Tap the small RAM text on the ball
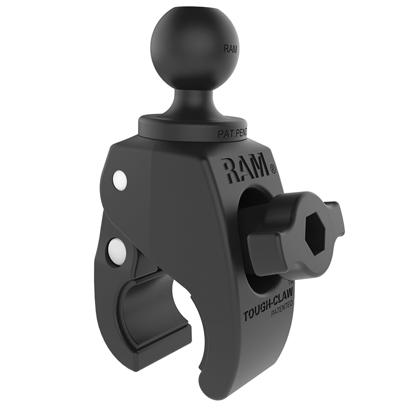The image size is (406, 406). [x=229, y=50]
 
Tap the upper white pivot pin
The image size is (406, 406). [x=119, y=179]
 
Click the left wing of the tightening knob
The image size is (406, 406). [x=266, y=249]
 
